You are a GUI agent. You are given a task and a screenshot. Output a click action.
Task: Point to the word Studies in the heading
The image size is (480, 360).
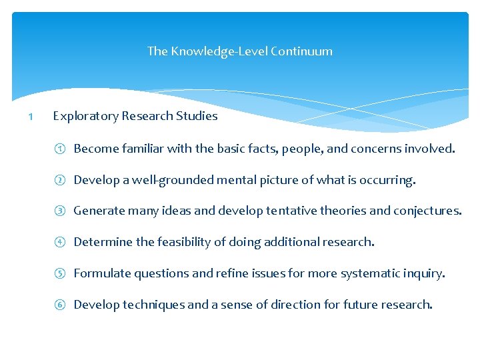pos(197,116)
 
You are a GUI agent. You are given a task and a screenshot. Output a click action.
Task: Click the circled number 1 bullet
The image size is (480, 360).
pos(59,149)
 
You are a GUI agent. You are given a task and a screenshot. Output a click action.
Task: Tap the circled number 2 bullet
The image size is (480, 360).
pos(59,180)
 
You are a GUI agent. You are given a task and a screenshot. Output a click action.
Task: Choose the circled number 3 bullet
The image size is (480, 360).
pos(59,211)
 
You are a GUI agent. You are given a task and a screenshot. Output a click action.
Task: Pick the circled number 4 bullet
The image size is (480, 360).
pos(59,243)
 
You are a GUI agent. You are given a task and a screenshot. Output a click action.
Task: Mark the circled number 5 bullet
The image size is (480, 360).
pos(59,274)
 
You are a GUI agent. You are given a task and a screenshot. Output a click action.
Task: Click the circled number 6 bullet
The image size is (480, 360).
pos(59,305)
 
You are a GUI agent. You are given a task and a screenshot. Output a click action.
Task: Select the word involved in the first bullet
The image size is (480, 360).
pos(431,149)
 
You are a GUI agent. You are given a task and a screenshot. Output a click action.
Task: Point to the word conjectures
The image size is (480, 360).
pos(427,211)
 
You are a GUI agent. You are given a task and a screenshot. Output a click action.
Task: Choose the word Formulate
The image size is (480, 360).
pos(102,274)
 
